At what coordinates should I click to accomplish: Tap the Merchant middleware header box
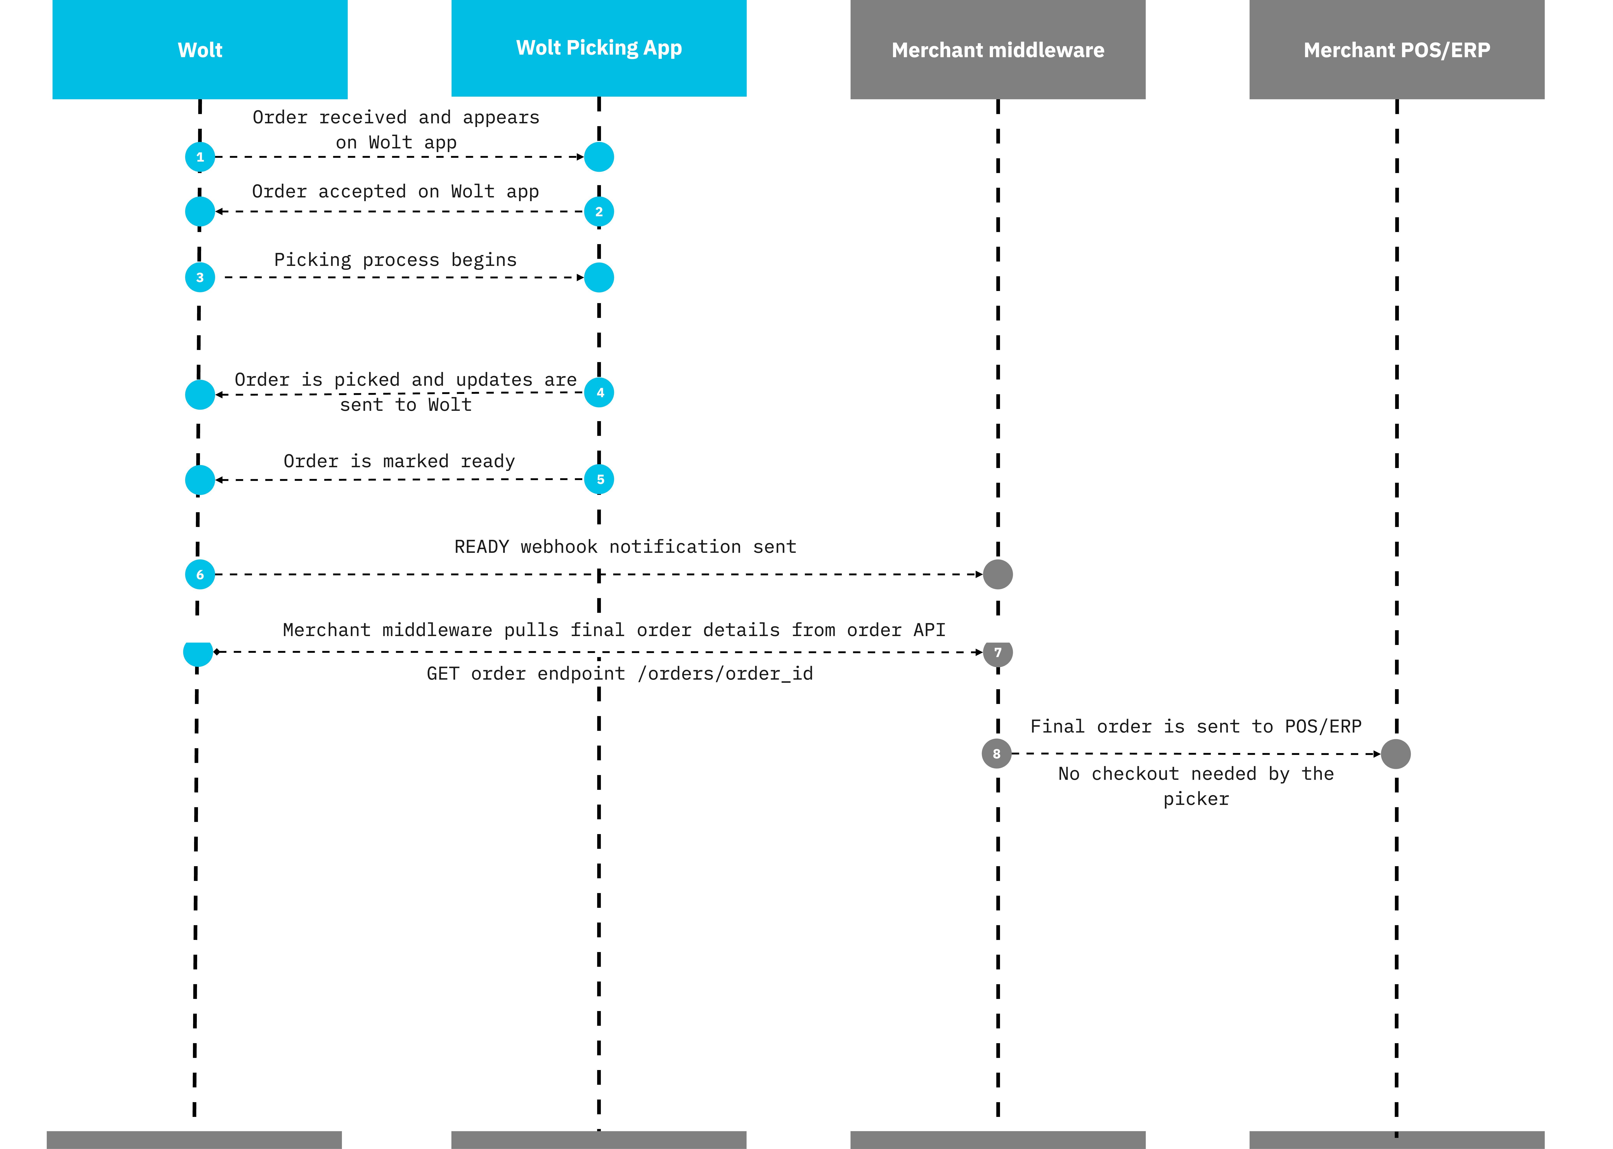[997, 50]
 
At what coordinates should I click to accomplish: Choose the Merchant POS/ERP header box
[1397, 50]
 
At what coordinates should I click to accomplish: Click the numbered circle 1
[200, 157]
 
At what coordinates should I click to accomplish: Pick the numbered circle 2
[599, 212]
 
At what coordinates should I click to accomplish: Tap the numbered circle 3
[200, 277]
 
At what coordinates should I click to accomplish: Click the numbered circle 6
[200, 575]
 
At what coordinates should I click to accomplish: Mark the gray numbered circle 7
[997, 652]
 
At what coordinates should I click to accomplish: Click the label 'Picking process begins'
[395, 260]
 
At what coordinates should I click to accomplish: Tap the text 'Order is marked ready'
[399, 461]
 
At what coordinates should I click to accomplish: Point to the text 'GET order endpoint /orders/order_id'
[620, 674]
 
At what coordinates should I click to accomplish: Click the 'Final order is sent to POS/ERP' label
[1196, 727]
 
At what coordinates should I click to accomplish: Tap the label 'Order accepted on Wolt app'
[395, 192]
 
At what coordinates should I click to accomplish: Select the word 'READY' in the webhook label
[481, 547]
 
